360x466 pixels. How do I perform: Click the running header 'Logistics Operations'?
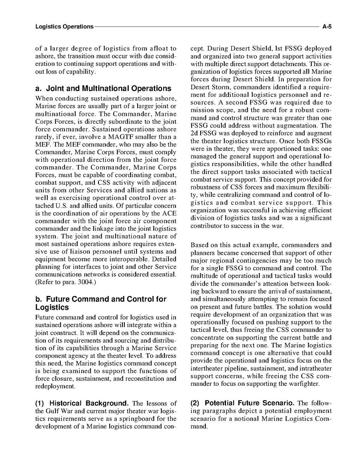[64, 27]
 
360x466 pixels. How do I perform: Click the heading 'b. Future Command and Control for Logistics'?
[101, 303]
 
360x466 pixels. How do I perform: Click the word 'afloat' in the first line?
[160, 49]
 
